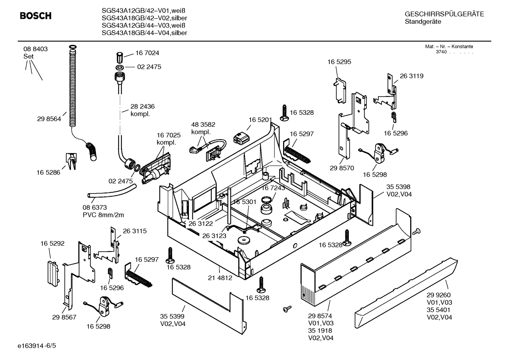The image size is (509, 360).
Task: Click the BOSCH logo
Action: pyautogui.click(x=35, y=16)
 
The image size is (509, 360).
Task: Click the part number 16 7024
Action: pyautogui.click(x=147, y=53)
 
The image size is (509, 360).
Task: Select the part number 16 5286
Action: pyautogui.click(x=48, y=172)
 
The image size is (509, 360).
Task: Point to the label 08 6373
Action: pyautogui.click(x=95, y=207)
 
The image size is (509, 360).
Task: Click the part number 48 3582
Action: pyautogui.click(x=203, y=125)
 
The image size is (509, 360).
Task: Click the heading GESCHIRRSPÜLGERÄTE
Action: pyautogui.click(x=444, y=14)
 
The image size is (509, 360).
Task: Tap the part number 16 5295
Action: pyautogui.click(x=339, y=62)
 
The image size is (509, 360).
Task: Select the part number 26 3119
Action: pyautogui.click(x=412, y=76)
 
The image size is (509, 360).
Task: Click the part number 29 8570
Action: pyautogui.click(x=342, y=168)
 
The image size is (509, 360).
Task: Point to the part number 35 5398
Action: pyautogui.click(x=398, y=187)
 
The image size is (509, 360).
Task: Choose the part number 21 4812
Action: pyautogui.click(x=220, y=278)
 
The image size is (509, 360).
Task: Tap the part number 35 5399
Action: pyautogui.click(x=173, y=317)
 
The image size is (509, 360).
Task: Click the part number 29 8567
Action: pyautogui.click(x=64, y=317)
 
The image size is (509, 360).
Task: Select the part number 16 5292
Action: pyautogui.click(x=52, y=243)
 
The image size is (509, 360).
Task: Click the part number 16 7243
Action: pyautogui.click(x=273, y=188)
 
